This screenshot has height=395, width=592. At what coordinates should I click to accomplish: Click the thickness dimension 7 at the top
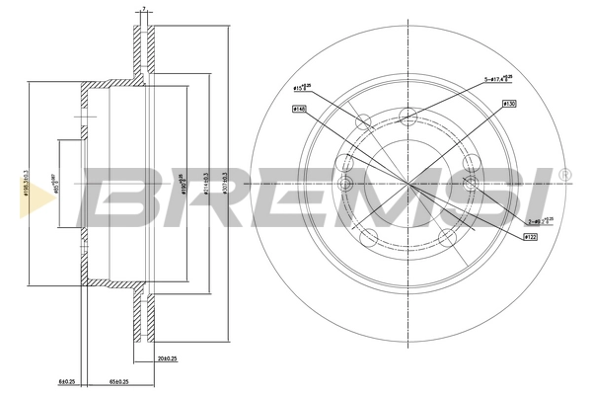tap(144, 9)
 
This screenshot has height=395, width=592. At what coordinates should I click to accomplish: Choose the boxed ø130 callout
tap(509, 103)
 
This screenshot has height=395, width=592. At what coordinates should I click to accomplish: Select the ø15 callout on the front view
tap(302, 89)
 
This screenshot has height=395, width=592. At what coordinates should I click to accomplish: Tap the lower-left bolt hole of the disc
tap(367, 236)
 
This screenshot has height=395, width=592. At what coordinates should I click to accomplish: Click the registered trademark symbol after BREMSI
tap(563, 175)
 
